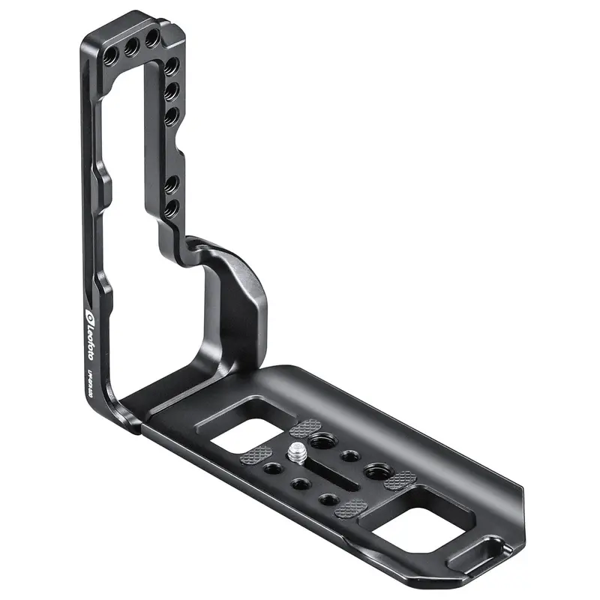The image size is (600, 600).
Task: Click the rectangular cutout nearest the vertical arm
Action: [238, 436]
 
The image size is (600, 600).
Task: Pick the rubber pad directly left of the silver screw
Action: [256, 455]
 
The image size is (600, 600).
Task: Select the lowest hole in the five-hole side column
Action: [171, 206]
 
